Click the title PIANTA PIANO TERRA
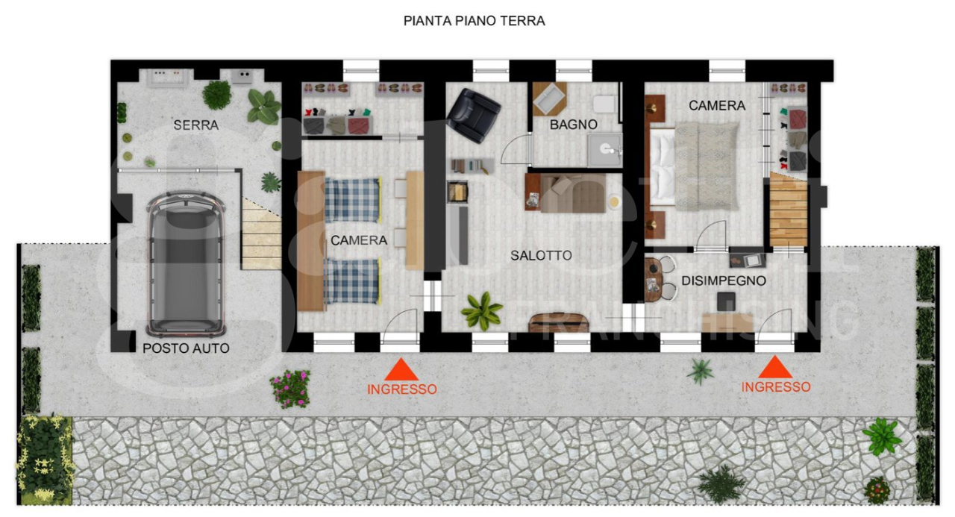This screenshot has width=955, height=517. coord(474,21)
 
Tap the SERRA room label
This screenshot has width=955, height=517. coord(195,125)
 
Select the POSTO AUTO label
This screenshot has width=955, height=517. coord(186,348)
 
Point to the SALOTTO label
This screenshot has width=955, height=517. coord(541,256)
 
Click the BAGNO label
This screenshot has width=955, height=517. coord(573,125)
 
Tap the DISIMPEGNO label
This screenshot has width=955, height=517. coord(723,281)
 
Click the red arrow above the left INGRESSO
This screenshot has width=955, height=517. coord(401,369)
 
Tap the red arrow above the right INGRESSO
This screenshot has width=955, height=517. coord(775,367)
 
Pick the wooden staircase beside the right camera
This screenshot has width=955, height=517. coord(789,210)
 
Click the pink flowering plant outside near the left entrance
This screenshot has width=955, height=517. coord(291,388)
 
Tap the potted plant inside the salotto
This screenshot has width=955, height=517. coord(482,310)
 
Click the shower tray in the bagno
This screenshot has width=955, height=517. coord(604,149)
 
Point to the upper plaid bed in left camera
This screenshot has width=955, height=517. coord(352,200)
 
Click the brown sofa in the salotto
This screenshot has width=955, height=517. coord(571,193)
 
